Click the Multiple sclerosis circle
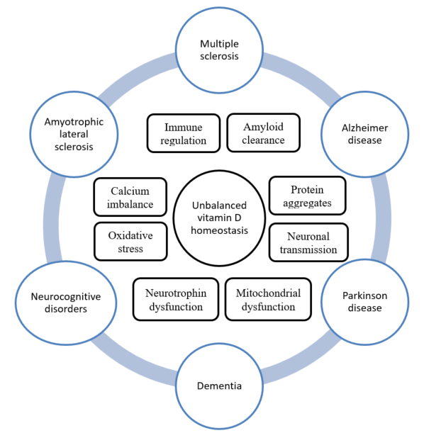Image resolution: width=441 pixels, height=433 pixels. pyautogui.click(x=220, y=50)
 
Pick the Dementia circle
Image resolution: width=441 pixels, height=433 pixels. pyautogui.click(x=219, y=386)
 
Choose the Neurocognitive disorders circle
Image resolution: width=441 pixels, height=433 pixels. pyautogui.click(x=60, y=303)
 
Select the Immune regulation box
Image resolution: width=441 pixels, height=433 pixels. pyautogui.click(x=183, y=133)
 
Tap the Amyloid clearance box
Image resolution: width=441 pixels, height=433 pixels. pyautogui.click(x=263, y=133)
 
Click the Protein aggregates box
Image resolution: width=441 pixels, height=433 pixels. pyautogui.click(x=308, y=196)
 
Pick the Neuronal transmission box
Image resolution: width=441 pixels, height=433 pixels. pyautogui.click(x=308, y=242)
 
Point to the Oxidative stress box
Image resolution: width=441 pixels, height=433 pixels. pyautogui.click(x=130, y=242)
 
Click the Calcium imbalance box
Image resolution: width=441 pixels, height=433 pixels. pyautogui.click(x=130, y=197)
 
